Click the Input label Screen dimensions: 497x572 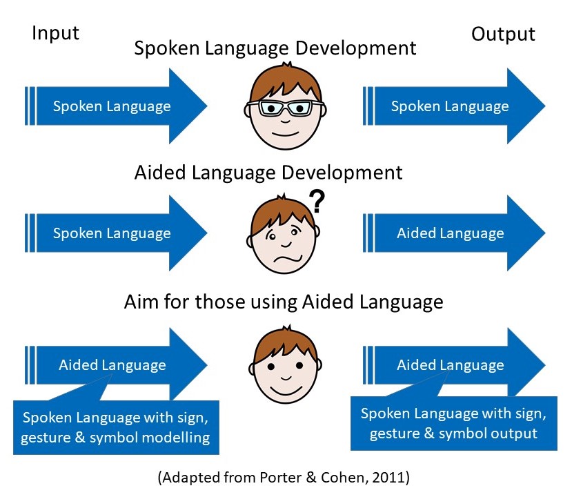pyautogui.click(x=55, y=34)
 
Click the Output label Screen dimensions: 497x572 pyautogui.click(x=503, y=34)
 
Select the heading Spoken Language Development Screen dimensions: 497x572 pyautogui.click(x=275, y=48)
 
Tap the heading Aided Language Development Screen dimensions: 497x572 pyautogui.click(x=268, y=172)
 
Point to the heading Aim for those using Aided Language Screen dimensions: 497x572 pyautogui.click(x=283, y=302)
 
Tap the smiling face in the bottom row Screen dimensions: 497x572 pyautogui.click(x=284, y=365)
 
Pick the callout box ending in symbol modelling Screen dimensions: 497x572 pyautogui.click(x=115, y=427)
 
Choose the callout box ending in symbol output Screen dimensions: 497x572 pyautogui.click(x=453, y=423)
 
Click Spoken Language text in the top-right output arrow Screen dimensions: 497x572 pyautogui.click(x=450, y=106)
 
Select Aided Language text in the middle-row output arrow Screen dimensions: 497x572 pyautogui.click(x=450, y=233)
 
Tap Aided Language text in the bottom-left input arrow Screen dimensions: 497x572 pyautogui.click(x=112, y=365)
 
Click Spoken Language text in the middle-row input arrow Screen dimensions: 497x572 pyautogui.click(x=112, y=233)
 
